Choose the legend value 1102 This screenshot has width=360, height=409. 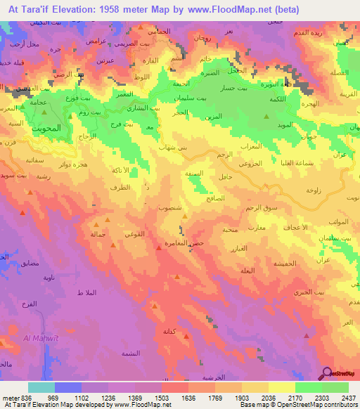click(82, 398)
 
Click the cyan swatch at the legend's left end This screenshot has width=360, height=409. click(41, 387)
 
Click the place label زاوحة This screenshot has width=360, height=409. click(314, 190)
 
